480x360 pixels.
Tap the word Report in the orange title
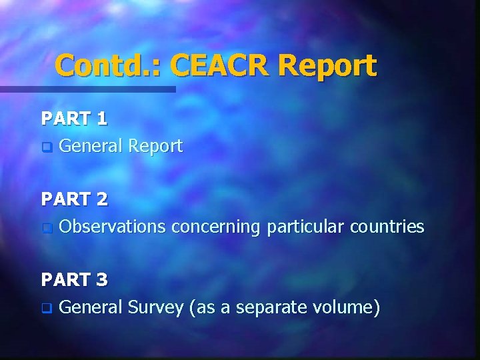(327, 65)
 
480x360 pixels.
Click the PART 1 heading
(74, 119)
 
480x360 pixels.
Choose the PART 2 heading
(74, 199)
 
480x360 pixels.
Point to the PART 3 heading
(74, 279)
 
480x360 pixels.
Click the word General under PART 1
(91, 146)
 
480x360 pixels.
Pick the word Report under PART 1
(155, 146)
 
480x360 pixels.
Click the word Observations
(112, 227)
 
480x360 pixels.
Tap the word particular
(303, 227)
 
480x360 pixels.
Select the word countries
(385, 227)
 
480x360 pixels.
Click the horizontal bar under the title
(87, 89)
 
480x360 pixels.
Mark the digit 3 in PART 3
(101, 279)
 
